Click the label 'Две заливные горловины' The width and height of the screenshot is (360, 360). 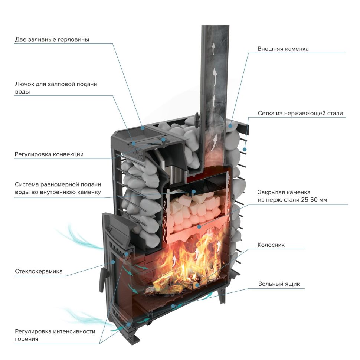[52, 39]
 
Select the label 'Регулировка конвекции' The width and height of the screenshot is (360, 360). [49, 154]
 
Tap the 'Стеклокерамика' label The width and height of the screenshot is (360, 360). [39, 271]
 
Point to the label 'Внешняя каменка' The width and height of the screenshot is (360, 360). [283, 49]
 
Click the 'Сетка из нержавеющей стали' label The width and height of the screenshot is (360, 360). [300, 113]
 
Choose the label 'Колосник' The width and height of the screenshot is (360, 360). [271, 245]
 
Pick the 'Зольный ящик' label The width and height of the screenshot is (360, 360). [279, 284]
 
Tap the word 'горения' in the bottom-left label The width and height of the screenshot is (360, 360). [27, 339]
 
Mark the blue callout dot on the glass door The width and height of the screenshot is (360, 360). [113, 262]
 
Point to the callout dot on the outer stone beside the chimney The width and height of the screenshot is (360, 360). [230, 126]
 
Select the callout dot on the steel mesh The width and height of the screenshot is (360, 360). [245, 149]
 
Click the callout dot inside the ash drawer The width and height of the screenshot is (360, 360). [173, 306]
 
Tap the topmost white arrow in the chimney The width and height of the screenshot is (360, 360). [213, 48]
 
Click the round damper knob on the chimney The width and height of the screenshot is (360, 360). [197, 120]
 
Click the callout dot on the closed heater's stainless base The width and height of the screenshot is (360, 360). [199, 227]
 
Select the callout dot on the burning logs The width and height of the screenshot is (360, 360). [197, 285]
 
